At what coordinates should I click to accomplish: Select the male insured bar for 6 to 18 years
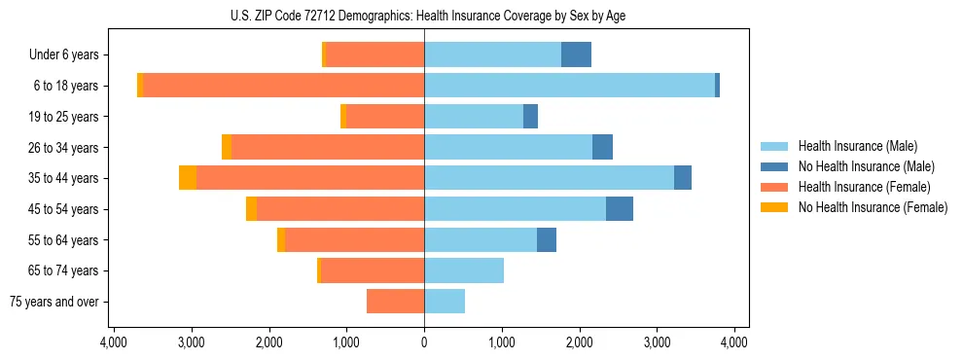click(x=569, y=86)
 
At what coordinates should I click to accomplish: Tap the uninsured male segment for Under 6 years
click(x=576, y=54)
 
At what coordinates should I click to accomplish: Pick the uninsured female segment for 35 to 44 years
click(x=188, y=178)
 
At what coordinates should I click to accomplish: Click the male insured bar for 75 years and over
click(x=445, y=302)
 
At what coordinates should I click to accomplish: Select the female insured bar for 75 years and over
click(x=395, y=302)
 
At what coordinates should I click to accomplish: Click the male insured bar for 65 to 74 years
click(x=464, y=270)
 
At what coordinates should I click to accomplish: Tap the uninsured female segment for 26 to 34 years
click(x=227, y=147)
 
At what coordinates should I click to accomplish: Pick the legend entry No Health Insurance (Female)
click(x=873, y=207)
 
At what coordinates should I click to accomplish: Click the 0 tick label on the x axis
click(x=424, y=342)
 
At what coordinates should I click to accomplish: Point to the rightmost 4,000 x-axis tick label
click(x=734, y=342)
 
